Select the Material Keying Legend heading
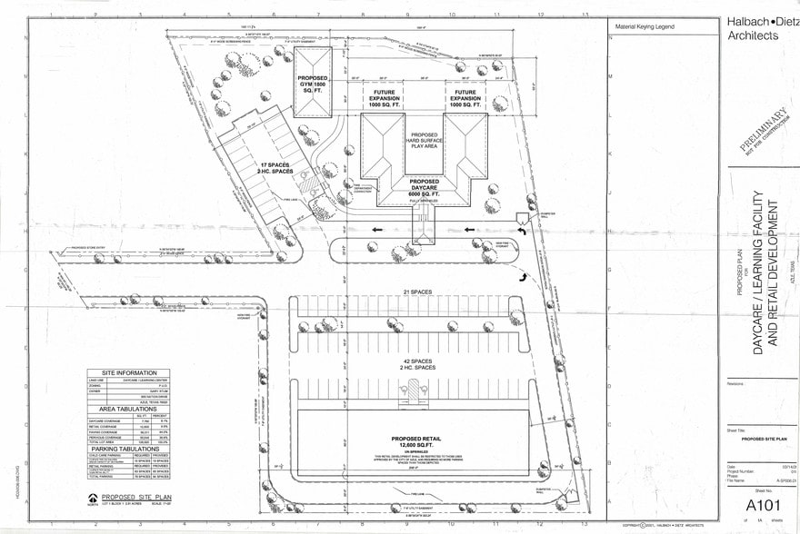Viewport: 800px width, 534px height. (645, 27)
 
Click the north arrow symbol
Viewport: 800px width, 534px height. (93, 499)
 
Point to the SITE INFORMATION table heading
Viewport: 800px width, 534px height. (128, 372)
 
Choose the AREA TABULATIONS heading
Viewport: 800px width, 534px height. (128, 410)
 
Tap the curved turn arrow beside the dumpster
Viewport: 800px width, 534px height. (524, 232)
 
